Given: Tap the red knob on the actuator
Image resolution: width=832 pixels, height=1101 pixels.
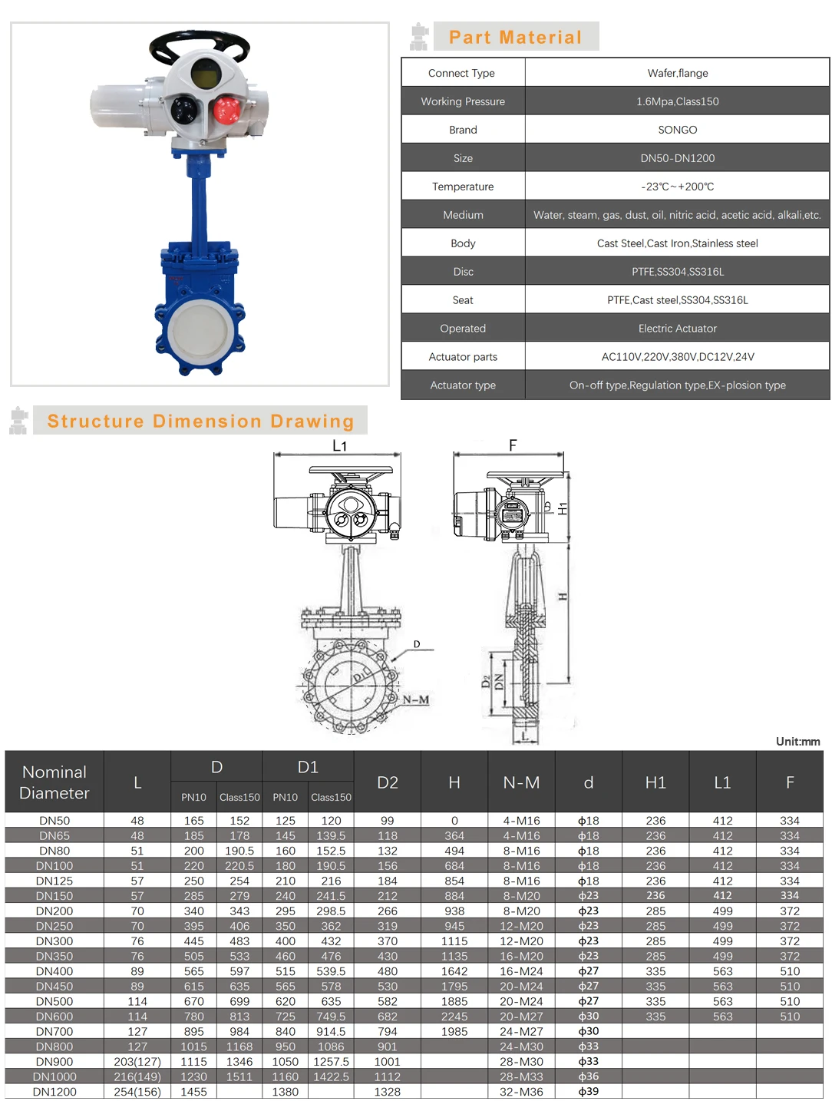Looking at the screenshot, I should point(226,110).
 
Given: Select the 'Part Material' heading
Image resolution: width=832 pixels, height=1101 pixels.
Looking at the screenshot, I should point(515,37).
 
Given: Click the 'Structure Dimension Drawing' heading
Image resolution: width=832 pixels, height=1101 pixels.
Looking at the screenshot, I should point(200,421).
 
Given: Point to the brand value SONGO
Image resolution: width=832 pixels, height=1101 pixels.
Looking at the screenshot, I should point(677,130).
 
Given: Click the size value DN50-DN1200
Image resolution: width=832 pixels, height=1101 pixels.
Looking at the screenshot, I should point(677,158).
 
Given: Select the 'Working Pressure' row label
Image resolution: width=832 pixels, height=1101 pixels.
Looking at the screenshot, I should point(463,101).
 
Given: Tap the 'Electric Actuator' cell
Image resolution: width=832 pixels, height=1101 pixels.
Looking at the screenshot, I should point(677,329).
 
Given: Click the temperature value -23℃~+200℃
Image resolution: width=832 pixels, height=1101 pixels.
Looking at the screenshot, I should point(677,187).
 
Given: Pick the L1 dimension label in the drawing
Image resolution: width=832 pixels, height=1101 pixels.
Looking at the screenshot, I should point(339,445).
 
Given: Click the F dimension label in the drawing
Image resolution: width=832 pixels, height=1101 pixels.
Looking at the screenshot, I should point(513,445).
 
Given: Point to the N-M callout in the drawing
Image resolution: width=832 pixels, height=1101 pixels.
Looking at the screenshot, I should point(416,699).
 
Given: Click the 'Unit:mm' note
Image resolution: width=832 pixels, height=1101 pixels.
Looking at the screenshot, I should point(797,741).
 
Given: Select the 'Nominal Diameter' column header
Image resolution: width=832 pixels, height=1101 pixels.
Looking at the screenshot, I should point(54,782).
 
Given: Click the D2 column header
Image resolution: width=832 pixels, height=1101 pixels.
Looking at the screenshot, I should point(388,782).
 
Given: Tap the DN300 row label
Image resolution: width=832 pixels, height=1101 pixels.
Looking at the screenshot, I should point(54,941).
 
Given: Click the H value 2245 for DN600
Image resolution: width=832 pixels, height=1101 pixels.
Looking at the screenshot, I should point(454,1017).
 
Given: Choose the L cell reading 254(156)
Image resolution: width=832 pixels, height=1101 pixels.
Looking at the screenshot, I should point(137,1092).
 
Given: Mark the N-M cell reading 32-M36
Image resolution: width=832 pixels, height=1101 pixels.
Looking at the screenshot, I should point(521,1092).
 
